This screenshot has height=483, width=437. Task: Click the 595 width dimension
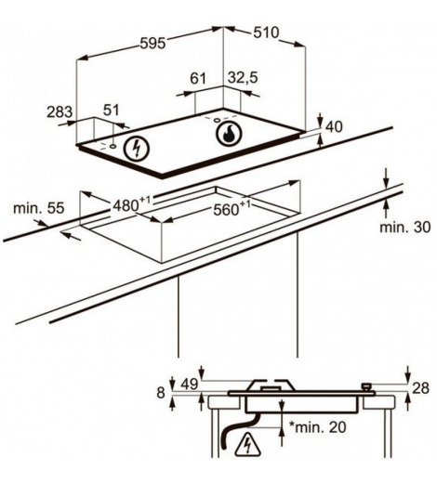coord(153,44)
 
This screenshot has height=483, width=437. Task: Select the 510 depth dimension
coord(266,33)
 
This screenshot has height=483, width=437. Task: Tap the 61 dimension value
coord(198,78)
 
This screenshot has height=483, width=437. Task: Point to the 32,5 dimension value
coord(243,78)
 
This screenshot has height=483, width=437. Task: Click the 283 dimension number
coord(60,112)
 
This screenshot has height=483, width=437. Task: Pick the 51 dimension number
coord(111,111)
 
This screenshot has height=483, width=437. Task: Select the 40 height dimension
coord(335,127)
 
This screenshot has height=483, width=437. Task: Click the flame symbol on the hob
coord(230,134)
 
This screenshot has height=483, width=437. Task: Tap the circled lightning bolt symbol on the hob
coord(137,149)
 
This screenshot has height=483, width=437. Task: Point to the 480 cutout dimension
coord(131,204)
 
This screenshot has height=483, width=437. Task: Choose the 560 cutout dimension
coord(231,209)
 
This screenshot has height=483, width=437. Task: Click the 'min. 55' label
coord(39,208)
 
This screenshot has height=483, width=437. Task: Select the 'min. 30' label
coord(405,228)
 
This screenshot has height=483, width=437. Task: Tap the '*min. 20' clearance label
coord(317,427)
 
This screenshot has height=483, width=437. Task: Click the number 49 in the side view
coord(190,385)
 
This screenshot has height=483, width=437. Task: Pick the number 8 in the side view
coord(161,393)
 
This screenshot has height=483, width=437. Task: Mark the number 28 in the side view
coord(420,388)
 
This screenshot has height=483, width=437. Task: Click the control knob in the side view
coord(366,387)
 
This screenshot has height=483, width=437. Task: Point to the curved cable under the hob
coord(239,430)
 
